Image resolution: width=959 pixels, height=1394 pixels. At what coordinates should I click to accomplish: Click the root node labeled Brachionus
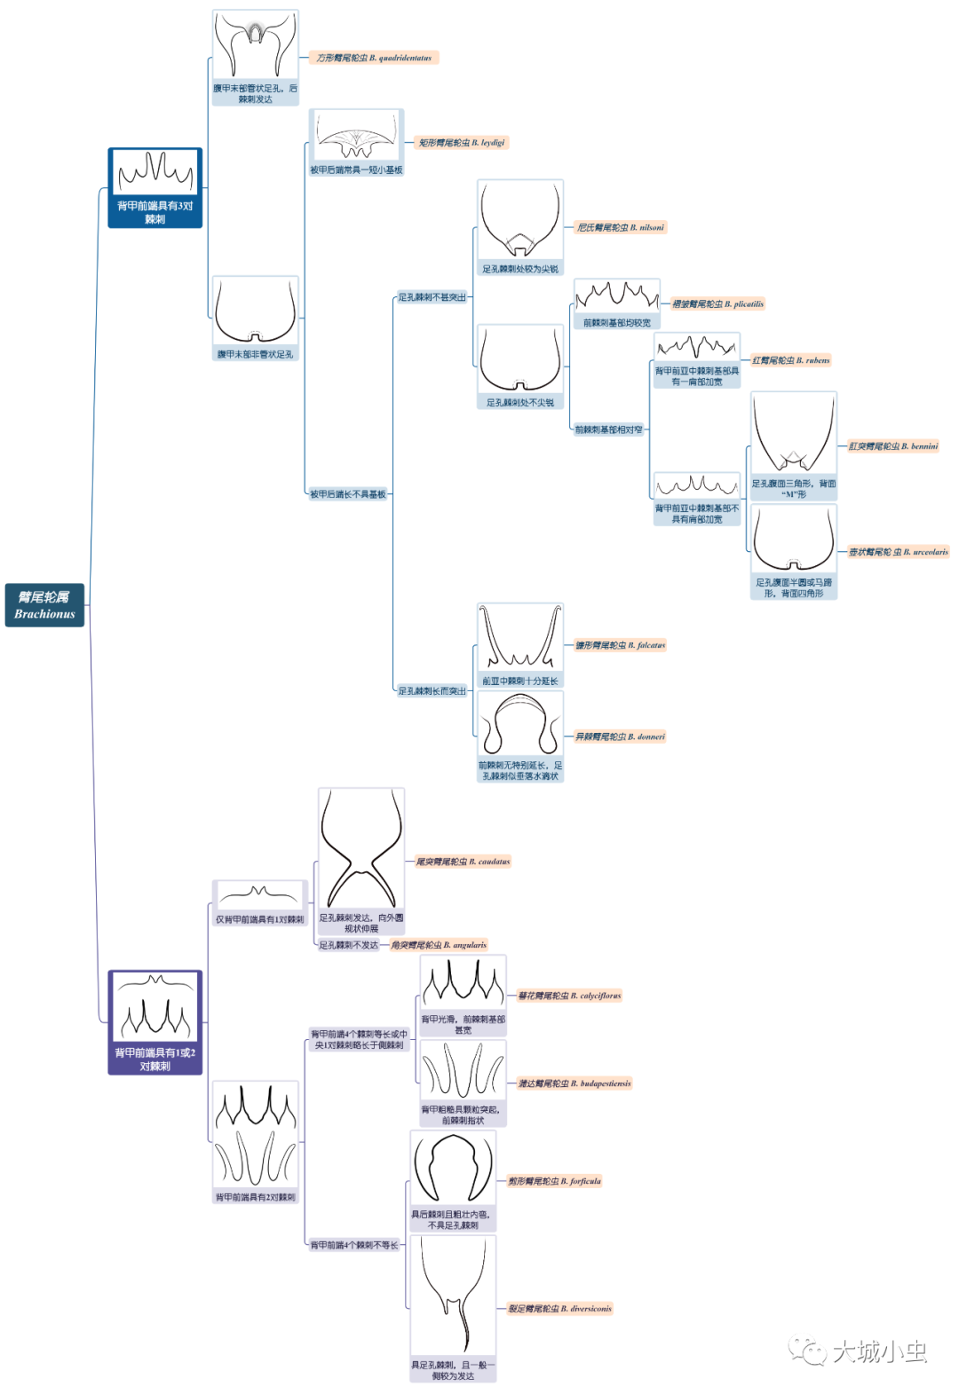44,605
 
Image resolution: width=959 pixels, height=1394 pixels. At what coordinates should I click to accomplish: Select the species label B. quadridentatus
374,58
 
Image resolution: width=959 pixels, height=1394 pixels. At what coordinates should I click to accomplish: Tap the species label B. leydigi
462,142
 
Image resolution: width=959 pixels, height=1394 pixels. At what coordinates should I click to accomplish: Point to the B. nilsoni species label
620,227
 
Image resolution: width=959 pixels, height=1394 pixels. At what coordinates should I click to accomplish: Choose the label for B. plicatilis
717,303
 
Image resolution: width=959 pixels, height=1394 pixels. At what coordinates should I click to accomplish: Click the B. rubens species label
790,360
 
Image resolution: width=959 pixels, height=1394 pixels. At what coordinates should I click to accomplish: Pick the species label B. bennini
892,446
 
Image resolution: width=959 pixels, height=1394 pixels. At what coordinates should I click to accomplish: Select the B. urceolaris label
898,552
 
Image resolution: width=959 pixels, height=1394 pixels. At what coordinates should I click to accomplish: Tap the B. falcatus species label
620,645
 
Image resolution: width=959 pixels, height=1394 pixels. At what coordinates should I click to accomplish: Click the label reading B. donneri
620,736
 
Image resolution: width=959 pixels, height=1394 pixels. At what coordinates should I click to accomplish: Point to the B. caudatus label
463,862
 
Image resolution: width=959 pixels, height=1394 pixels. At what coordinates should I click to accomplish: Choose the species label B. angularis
439,945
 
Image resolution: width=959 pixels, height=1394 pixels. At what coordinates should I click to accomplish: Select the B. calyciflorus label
569,996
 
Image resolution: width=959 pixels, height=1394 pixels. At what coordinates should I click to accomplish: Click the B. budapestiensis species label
575,1083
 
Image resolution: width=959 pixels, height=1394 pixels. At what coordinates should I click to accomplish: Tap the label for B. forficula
554,1181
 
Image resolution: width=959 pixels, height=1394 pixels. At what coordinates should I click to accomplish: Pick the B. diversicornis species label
559,1309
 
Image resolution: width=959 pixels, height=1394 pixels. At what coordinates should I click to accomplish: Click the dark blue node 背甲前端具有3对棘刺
155,188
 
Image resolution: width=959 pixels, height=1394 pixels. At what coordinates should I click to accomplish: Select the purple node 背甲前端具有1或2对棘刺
155,1022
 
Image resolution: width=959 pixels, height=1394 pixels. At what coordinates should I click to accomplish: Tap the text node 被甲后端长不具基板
348,494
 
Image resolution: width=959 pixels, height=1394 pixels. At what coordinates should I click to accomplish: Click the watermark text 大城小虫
879,1351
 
